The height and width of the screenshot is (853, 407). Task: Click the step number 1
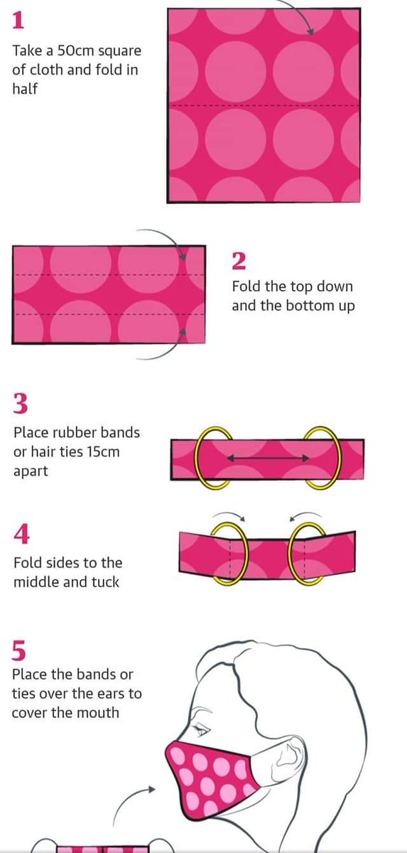[18, 20]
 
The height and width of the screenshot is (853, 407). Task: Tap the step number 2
[239, 262]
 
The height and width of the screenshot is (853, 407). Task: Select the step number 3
[21, 404]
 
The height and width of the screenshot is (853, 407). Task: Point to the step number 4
[21, 534]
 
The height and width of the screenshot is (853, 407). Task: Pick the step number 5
[19, 650]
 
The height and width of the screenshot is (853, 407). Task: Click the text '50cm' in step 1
[76, 50]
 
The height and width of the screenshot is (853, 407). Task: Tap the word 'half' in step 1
[25, 89]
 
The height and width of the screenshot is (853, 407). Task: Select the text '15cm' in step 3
[103, 451]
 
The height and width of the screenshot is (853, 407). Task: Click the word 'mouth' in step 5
[99, 712]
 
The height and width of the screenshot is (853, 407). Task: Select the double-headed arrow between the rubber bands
[268, 458]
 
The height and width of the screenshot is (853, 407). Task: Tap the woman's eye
[202, 731]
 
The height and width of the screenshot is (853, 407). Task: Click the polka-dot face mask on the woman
[207, 777]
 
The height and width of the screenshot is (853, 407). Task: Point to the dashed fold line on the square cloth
[264, 105]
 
